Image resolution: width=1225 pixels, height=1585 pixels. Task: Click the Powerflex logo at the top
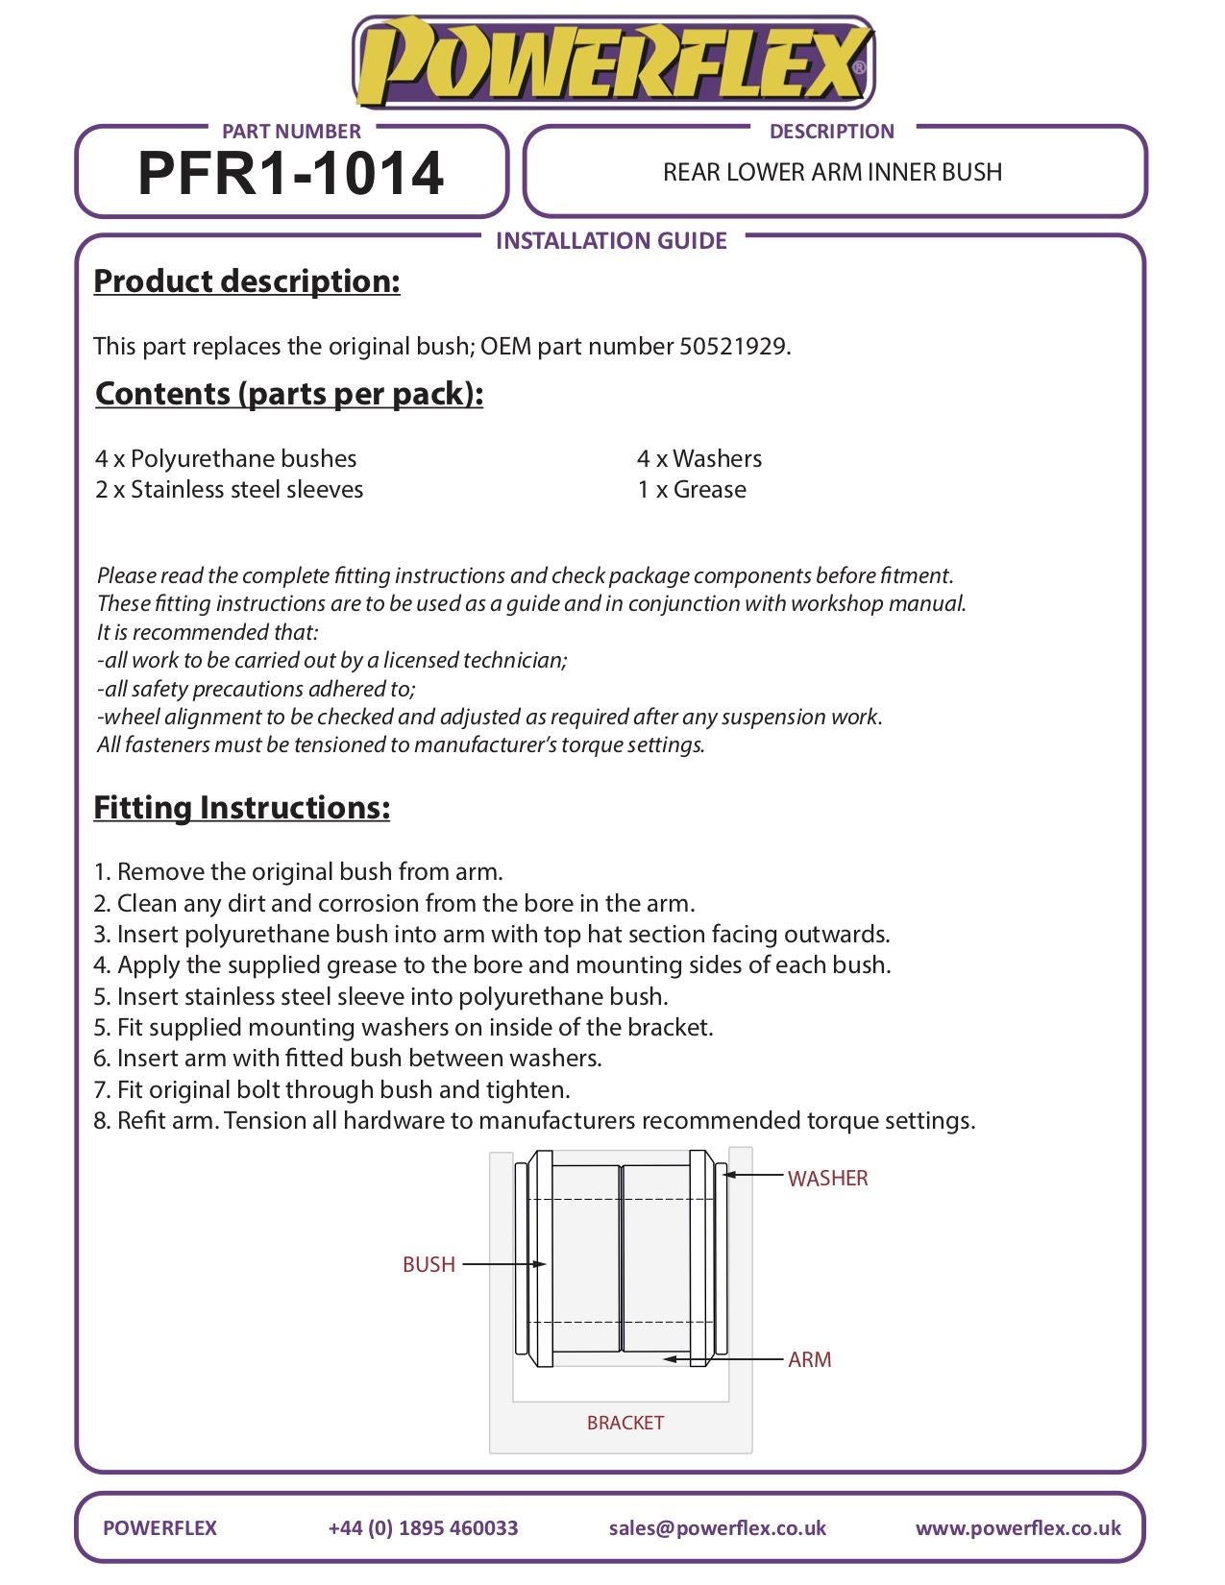coord(613,62)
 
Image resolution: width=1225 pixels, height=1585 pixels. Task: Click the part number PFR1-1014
coord(290,174)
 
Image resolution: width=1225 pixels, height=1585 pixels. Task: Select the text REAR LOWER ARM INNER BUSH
coord(832,173)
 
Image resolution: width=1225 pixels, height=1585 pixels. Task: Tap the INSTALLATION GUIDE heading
coord(611,240)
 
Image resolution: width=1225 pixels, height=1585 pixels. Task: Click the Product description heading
coord(247,281)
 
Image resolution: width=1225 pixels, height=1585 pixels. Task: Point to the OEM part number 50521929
coord(733,347)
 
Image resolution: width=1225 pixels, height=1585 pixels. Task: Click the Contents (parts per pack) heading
coord(289,394)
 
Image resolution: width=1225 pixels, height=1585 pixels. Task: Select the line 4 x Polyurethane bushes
coord(226,459)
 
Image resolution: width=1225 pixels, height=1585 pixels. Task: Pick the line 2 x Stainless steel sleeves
coord(230,490)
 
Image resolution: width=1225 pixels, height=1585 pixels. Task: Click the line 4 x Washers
coord(699,459)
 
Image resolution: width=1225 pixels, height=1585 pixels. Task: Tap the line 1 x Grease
coord(692,490)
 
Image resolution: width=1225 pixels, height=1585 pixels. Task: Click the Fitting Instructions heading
coord(242,808)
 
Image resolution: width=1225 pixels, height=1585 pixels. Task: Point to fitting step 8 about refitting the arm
coord(534,1121)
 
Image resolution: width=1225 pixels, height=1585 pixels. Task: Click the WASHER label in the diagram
coord(827,1179)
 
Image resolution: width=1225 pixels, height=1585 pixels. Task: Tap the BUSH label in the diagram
coord(429,1264)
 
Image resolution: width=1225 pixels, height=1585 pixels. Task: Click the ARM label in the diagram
coord(810,1359)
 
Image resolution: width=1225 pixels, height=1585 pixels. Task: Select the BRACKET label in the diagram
coord(625,1423)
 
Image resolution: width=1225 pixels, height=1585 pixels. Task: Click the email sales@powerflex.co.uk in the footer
coord(717,1528)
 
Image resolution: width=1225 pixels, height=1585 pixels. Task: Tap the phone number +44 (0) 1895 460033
coord(423,1528)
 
